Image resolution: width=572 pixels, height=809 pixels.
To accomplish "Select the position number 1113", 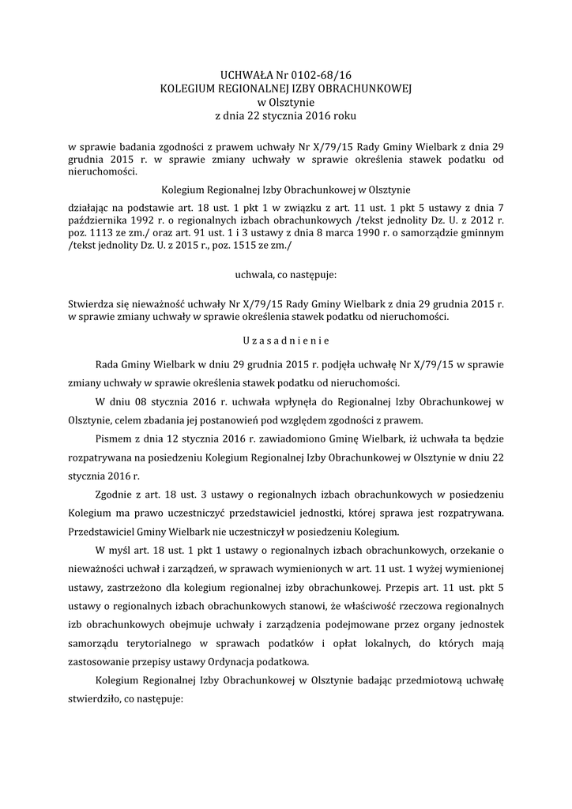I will click(x=99, y=233).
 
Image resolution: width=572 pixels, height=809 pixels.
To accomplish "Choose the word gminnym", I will click(x=482, y=233).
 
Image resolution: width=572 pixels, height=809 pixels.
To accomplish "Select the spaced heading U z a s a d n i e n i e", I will click(x=286, y=341).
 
